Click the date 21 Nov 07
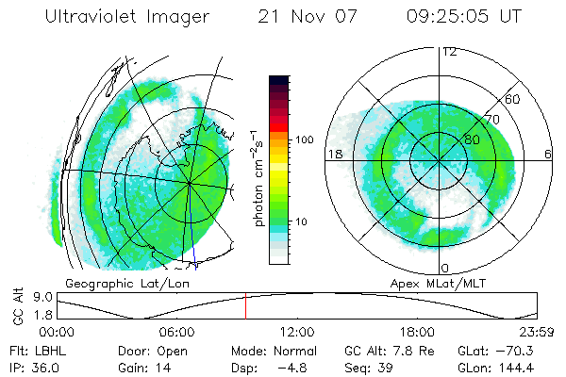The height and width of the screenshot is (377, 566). [x=297, y=17]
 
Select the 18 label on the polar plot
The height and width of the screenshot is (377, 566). [x=333, y=153]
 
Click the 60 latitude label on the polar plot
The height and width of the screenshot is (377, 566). [x=513, y=99]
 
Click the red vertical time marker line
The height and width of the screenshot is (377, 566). [x=245, y=306]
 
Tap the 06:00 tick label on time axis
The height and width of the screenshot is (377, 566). [x=177, y=332]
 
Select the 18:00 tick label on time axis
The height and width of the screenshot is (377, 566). [x=417, y=332]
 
